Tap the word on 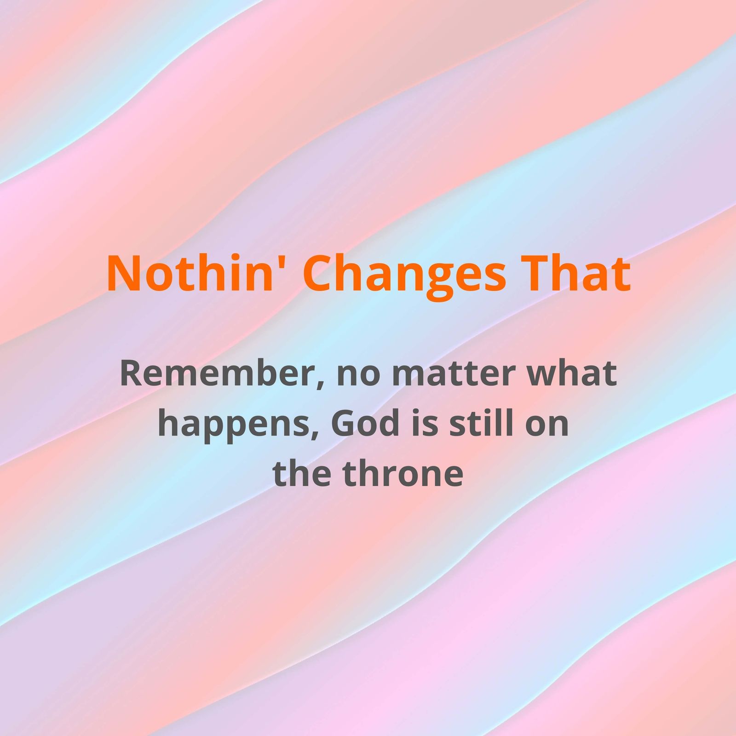pyautogui.click(x=547, y=426)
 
